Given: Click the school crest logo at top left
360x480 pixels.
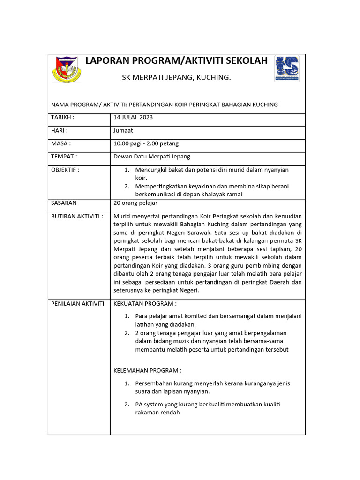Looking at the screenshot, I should click(x=67, y=69).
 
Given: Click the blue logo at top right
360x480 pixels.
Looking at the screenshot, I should click(x=286, y=68).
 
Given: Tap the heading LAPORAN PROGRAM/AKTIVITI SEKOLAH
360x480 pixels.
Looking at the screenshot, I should click(x=176, y=60).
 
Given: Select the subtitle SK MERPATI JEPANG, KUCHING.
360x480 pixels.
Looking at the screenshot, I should click(x=176, y=77).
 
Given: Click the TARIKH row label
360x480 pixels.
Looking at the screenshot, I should click(x=63, y=117).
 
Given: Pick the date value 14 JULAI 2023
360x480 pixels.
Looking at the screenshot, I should click(x=133, y=117).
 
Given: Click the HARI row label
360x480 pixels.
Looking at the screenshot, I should click(x=60, y=130).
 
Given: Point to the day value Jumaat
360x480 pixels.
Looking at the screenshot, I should click(x=124, y=130).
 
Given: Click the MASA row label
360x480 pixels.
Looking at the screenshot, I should click(x=61, y=143).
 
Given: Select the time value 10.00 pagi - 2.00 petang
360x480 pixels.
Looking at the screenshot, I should click(x=146, y=143).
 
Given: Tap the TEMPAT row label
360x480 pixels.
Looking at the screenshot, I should click(x=64, y=157).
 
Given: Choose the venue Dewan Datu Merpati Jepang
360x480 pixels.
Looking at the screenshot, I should click(x=152, y=157).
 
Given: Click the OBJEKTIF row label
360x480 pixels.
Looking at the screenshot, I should click(x=65, y=170).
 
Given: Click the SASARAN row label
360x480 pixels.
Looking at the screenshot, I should click(x=64, y=203).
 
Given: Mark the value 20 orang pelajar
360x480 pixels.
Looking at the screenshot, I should click(x=135, y=203).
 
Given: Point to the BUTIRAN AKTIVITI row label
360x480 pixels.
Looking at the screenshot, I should click(x=76, y=216).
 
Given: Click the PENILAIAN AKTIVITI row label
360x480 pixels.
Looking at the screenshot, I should click(x=77, y=304).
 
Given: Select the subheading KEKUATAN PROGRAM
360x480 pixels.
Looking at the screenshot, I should click(x=145, y=304).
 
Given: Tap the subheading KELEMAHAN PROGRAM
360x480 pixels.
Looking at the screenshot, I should click(x=147, y=370).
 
